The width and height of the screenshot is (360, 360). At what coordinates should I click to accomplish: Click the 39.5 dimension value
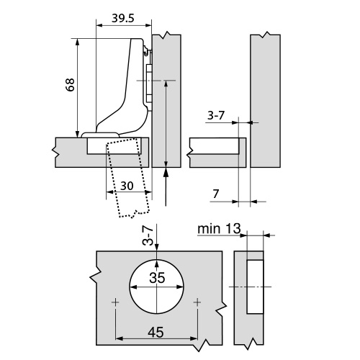[x=122, y=18]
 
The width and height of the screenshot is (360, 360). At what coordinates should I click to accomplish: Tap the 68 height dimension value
[x=71, y=84]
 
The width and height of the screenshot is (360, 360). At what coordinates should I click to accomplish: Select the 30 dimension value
[x=127, y=186]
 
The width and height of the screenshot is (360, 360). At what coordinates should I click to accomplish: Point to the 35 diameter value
[x=157, y=278]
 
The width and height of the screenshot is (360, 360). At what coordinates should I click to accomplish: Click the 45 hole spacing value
[x=156, y=333]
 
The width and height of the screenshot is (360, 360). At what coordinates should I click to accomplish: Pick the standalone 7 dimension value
[x=216, y=194]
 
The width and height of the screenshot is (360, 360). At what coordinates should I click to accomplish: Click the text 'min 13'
[x=219, y=229]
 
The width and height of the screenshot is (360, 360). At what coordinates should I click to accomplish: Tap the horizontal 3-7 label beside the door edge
[x=216, y=115]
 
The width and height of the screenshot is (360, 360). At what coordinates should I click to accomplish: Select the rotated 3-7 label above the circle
[x=148, y=236]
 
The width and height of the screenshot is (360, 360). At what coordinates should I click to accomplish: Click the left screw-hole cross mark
[x=115, y=302]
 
